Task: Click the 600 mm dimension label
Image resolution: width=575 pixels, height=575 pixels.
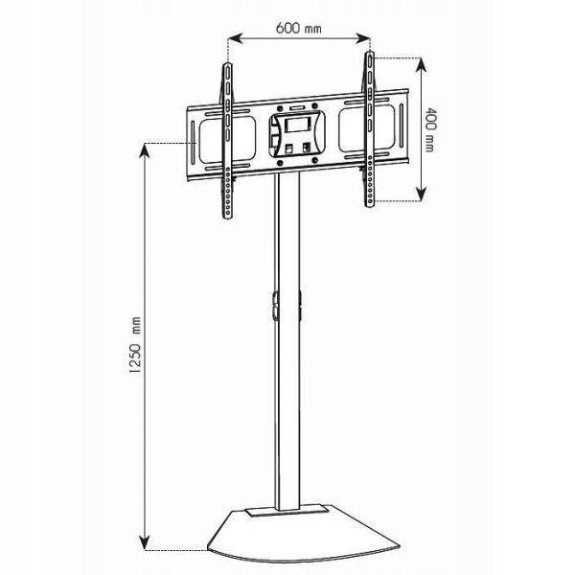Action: (298, 28)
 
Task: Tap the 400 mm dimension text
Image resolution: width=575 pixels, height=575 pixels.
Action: (429, 129)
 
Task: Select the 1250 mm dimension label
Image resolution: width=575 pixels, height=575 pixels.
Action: (135, 345)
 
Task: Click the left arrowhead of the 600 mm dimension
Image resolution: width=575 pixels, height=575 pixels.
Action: (236, 38)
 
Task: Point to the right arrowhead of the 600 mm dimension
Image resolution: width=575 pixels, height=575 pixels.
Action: (363, 38)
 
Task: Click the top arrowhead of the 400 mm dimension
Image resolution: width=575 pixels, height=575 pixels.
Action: (422, 65)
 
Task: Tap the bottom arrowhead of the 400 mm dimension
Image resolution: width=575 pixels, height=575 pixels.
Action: (422, 194)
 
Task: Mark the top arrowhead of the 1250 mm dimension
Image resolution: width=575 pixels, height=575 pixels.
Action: (146, 150)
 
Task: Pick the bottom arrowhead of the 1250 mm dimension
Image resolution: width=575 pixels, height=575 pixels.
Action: (146, 542)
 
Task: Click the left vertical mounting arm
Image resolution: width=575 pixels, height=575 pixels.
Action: (228, 141)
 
